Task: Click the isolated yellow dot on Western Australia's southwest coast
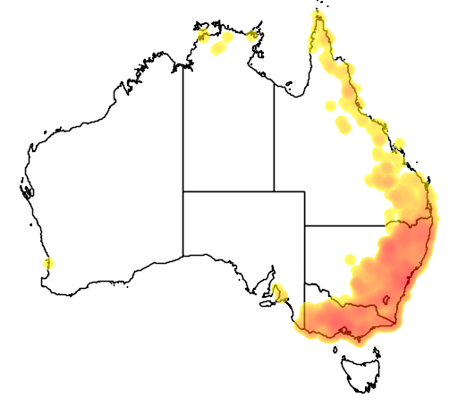(x=48, y=263)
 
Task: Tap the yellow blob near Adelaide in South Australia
(x=281, y=292)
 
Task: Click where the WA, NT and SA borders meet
(x=183, y=191)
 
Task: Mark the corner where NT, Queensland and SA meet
(x=274, y=191)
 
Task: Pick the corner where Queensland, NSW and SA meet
(x=305, y=225)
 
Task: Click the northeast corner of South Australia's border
(x=305, y=191)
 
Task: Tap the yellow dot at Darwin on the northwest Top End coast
(x=203, y=36)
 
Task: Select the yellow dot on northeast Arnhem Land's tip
(x=253, y=36)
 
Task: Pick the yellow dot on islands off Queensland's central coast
(x=400, y=143)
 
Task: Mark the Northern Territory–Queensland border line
(x=274, y=134)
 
